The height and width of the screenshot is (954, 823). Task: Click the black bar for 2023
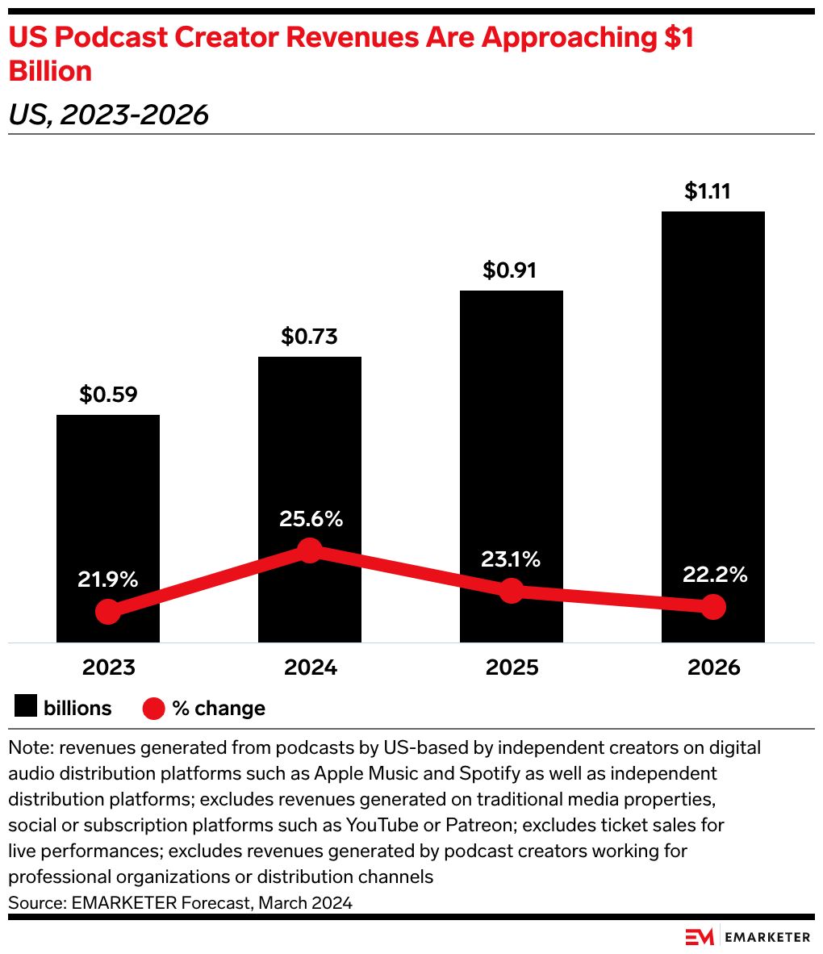tap(107, 500)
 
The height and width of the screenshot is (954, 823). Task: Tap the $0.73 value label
tap(309, 337)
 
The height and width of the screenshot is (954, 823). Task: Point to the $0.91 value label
tap(510, 270)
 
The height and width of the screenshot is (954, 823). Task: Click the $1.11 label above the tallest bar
tap(712, 191)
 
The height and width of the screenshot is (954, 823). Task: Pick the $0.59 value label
tap(108, 395)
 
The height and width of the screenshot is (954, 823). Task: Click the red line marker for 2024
tap(309, 550)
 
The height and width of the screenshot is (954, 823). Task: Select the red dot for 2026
tap(712, 607)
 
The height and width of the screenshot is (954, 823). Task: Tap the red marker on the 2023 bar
tap(107, 612)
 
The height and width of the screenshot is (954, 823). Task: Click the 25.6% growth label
tap(311, 519)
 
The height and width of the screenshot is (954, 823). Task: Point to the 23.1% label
tap(512, 559)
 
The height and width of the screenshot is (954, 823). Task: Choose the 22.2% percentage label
tap(714, 575)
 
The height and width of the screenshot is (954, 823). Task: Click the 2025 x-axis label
tap(512, 668)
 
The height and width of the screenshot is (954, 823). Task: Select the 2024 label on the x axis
tap(310, 668)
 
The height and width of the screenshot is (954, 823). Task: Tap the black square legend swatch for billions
tap(26, 708)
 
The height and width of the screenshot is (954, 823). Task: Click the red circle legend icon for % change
tap(153, 709)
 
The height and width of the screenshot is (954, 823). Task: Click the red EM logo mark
tap(700, 937)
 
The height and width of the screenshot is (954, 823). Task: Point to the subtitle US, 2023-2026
tap(108, 115)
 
